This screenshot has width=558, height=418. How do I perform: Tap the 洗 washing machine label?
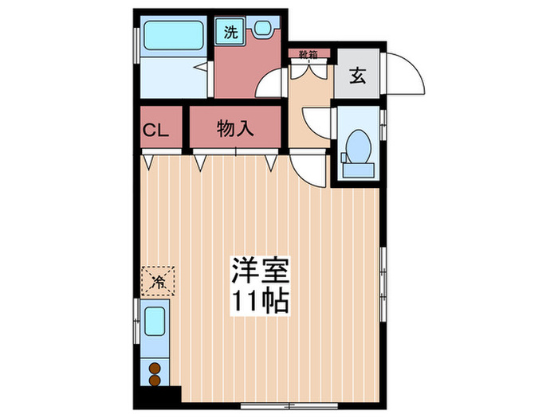click(x=230, y=33)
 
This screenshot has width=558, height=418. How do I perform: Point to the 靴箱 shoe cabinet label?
click(x=308, y=54)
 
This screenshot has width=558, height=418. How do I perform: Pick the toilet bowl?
click(x=358, y=150)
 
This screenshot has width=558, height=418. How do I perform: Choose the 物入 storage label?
click(x=236, y=129)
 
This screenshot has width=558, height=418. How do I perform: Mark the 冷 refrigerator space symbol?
click(x=158, y=280)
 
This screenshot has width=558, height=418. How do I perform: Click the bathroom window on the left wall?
click(x=135, y=39)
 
